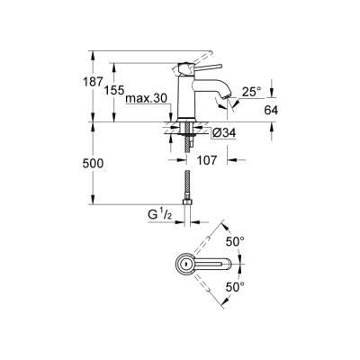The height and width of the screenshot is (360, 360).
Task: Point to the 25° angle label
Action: point(251,91)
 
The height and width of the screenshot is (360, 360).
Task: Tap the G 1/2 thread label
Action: point(161,215)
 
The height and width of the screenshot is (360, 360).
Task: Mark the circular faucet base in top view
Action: point(184,265)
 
